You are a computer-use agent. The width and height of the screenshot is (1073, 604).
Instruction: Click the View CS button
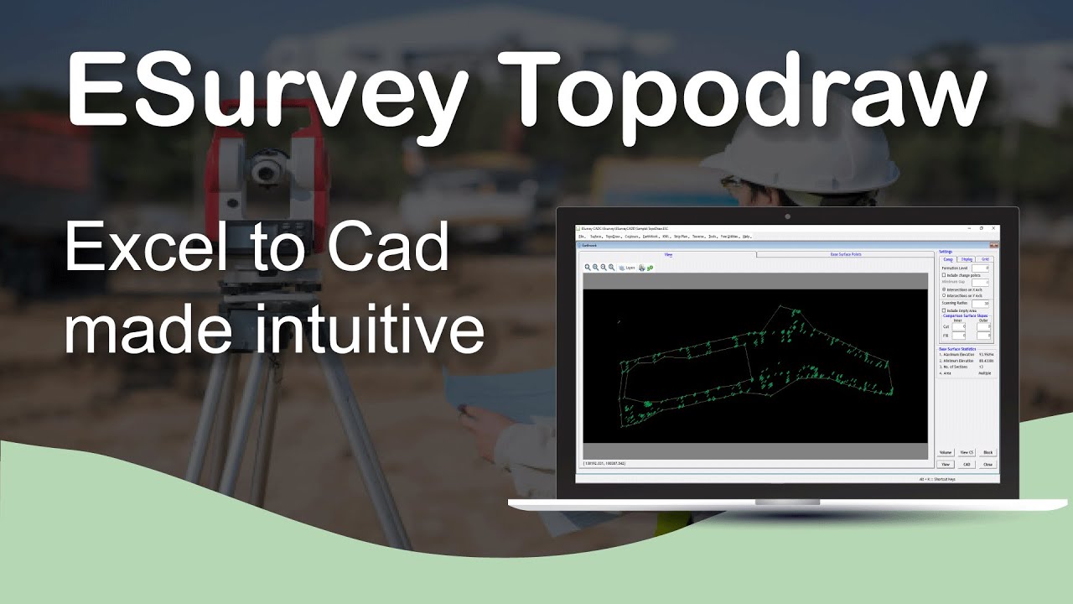(x=967, y=452)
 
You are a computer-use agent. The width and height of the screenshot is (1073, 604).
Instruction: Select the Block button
(x=987, y=452)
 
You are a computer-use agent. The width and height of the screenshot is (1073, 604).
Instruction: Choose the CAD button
(x=967, y=464)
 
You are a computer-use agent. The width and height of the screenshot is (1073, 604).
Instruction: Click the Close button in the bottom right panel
(x=987, y=464)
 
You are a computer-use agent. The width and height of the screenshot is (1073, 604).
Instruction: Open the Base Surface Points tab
(x=845, y=253)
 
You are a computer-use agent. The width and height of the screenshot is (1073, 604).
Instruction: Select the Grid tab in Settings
(x=986, y=260)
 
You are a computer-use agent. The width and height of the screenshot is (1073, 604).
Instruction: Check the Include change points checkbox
(x=944, y=275)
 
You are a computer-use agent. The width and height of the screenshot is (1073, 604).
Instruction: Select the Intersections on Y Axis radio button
(x=944, y=295)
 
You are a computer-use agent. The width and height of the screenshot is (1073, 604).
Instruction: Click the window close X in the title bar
(x=994, y=228)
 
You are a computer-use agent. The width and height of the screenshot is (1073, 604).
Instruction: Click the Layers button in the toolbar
(x=626, y=268)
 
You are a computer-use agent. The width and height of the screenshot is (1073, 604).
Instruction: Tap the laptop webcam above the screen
(x=787, y=216)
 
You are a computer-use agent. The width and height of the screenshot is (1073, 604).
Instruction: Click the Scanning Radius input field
(x=981, y=303)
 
